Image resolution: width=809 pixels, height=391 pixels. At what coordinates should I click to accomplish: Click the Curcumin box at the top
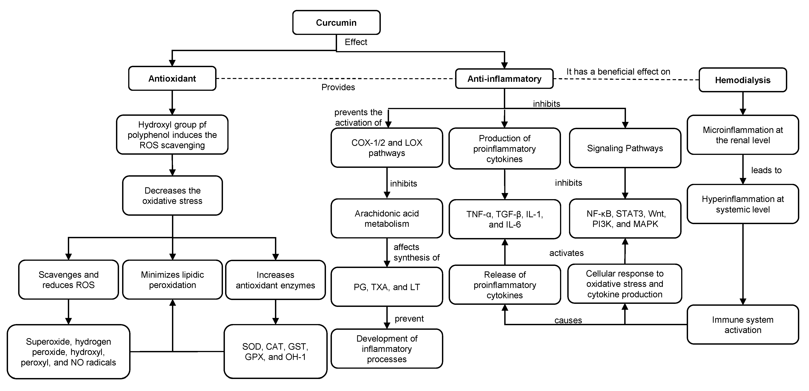point(336,23)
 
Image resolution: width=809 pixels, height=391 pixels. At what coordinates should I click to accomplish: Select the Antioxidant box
point(172,78)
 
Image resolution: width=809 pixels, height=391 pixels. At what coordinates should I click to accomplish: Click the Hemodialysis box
point(743,80)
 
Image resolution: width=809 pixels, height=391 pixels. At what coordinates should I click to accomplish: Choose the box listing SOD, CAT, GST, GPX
point(275,352)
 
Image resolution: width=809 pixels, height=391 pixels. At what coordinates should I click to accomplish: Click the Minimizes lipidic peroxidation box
point(172,280)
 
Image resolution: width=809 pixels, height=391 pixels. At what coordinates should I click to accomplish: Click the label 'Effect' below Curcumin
point(356,42)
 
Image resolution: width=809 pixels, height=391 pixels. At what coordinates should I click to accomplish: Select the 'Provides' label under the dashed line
point(338,87)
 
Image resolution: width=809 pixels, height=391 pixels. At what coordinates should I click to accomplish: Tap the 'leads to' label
point(766,170)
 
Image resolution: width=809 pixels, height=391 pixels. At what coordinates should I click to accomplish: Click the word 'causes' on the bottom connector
point(568,320)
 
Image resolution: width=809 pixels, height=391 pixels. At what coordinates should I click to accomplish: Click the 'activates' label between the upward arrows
point(566,253)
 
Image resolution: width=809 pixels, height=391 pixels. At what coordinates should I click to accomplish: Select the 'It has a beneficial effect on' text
point(618,72)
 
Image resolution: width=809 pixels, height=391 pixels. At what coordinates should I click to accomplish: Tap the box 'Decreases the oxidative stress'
point(172,196)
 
